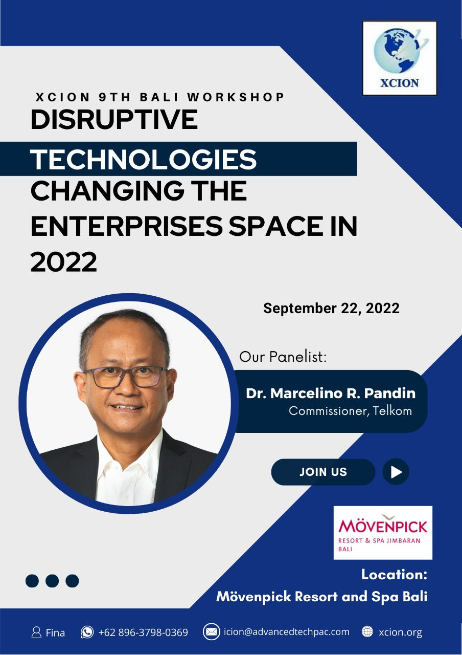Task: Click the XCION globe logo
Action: pyautogui.click(x=400, y=58)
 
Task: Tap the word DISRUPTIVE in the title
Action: pyautogui.click(x=114, y=119)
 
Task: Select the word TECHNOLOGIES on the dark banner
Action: pyautogui.click(x=143, y=159)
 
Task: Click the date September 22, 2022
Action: pyautogui.click(x=331, y=309)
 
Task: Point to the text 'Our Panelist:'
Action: pyautogui.click(x=283, y=357)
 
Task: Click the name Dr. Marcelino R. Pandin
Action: pyautogui.click(x=331, y=394)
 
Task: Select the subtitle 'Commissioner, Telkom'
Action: pyautogui.click(x=350, y=411)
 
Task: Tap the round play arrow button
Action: pyautogui.click(x=396, y=472)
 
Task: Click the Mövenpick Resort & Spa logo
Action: pyautogui.click(x=383, y=533)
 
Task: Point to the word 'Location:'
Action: pyautogui.click(x=394, y=574)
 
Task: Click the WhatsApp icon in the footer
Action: pyautogui.click(x=87, y=631)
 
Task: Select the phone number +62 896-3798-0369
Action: pyautogui.click(x=143, y=632)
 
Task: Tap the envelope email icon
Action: pyautogui.click(x=211, y=631)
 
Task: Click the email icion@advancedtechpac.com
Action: pyautogui.click(x=287, y=632)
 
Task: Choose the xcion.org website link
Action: pyautogui.click(x=400, y=632)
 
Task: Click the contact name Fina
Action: pyautogui.click(x=55, y=633)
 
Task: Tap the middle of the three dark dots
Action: pyautogui.click(x=52, y=580)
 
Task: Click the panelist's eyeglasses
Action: pyautogui.click(x=125, y=377)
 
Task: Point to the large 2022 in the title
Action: pyautogui.click(x=64, y=261)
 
